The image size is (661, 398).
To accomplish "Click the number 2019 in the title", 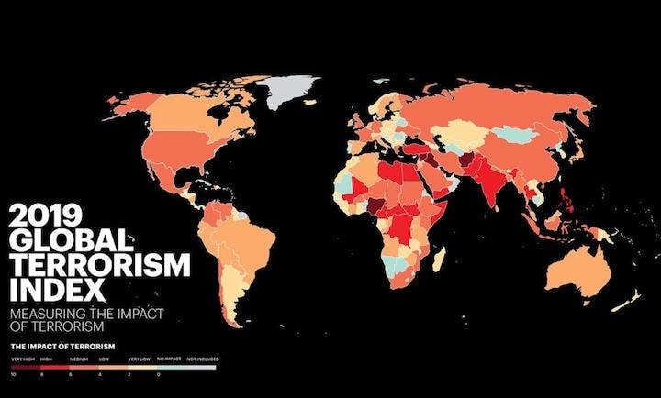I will (43, 218).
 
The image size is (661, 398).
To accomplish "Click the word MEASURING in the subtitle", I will (46, 315).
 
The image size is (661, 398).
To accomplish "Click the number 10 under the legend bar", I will (14, 375).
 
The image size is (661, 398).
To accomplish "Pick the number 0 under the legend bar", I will (160, 375).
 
